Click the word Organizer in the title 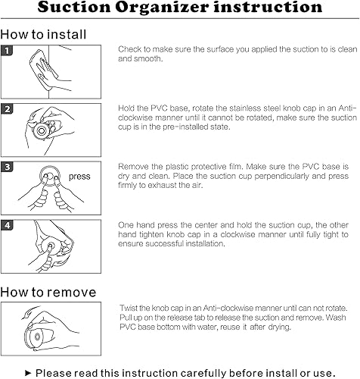pos(162,8)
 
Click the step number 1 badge pos(7,51)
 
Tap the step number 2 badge pos(7,109)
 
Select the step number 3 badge pos(7,167)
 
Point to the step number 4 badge pos(7,225)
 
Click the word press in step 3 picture pos(79,177)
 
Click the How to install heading pos(43,34)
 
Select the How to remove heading pos(48,292)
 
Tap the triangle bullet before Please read pos(28,373)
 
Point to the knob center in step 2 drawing pos(42,131)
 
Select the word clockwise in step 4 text pos(241,234)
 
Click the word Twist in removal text pos(128,308)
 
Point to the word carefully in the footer pos(203,373)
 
